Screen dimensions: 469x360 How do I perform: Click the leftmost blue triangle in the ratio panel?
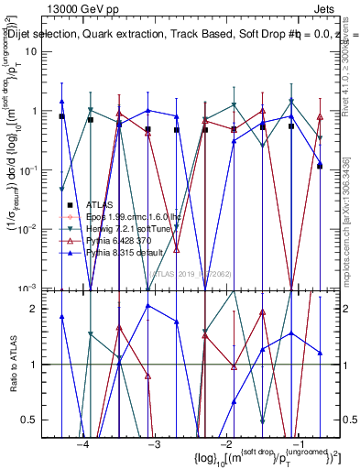click(61, 316)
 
